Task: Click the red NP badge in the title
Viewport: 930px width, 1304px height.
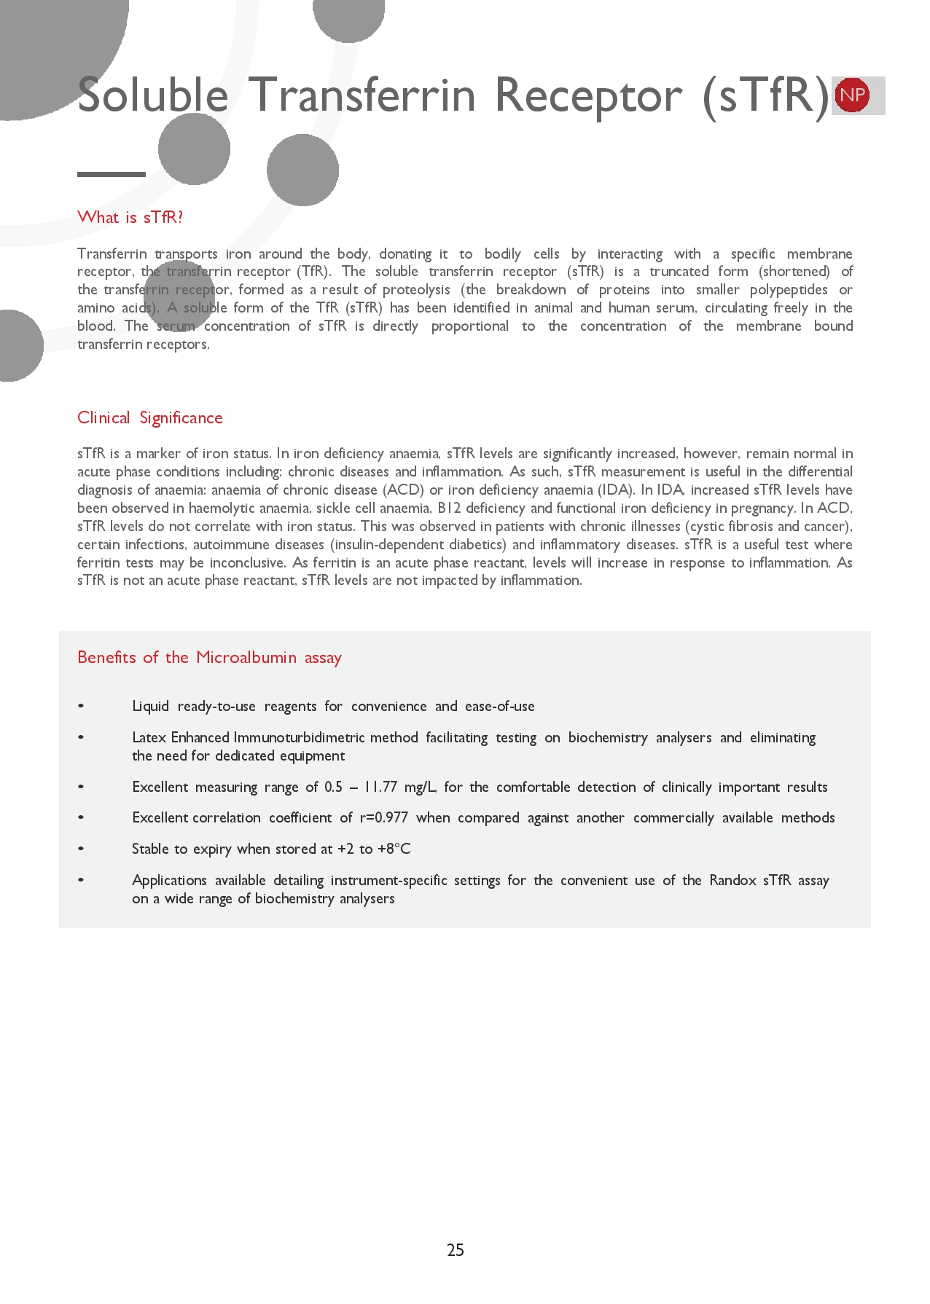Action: pos(852,95)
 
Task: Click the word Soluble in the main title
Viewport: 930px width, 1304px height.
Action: pos(152,95)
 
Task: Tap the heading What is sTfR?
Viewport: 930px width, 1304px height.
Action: pos(130,217)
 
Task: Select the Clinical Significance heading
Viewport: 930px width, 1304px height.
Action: pos(149,417)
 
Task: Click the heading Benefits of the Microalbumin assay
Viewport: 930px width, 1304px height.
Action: pos(209,657)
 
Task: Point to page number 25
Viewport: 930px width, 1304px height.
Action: pos(456,1250)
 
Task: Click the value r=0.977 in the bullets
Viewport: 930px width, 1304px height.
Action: pos(383,817)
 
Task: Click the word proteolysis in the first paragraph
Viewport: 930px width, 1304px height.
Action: pos(417,289)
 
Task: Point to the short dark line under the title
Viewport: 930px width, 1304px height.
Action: pos(112,174)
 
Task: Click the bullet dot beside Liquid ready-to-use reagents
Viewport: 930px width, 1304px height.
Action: pos(81,706)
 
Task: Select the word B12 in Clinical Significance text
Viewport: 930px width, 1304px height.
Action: pos(449,508)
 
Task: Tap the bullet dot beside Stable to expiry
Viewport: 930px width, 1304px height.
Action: pos(81,849)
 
